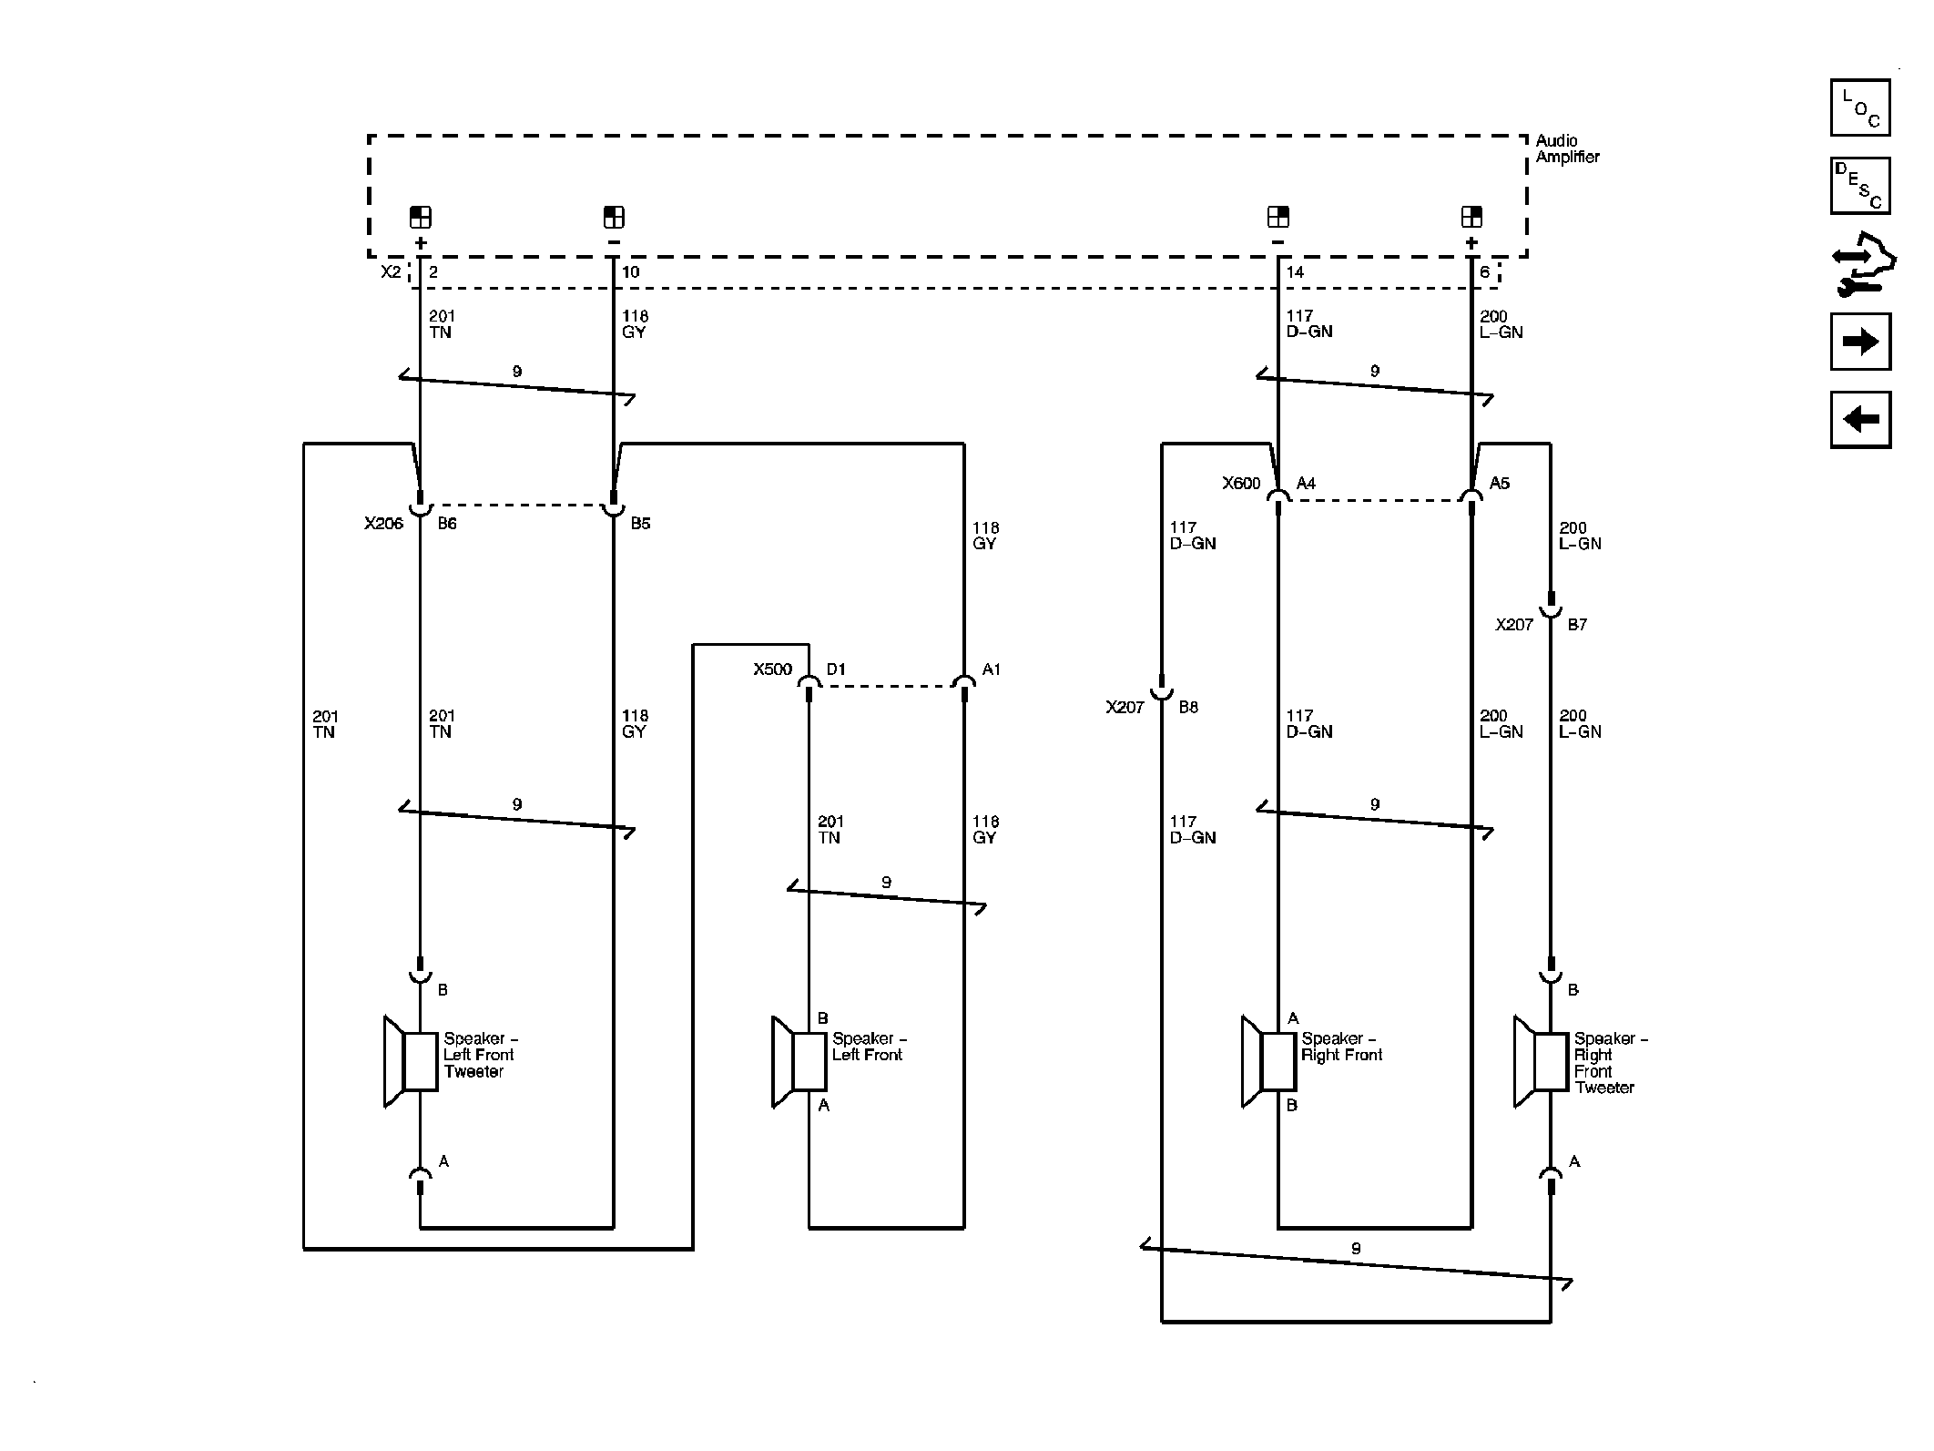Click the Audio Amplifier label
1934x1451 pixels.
point(1566,148)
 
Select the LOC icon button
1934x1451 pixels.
point(1859,107)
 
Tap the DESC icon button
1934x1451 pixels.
point(1859,186)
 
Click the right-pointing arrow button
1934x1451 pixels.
point(1859,342)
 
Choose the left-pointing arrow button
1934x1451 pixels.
point(1859,420)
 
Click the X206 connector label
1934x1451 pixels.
point(383,524)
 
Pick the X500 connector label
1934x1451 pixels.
point(772,669)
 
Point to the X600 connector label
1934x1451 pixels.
point(1241,484)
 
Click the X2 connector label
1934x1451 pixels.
point(391,271)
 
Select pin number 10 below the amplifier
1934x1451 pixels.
point(630,272)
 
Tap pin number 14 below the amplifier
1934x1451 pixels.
point(1295,272)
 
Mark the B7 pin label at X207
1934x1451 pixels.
point(1577,625)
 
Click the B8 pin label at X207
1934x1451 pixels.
point(1188,707)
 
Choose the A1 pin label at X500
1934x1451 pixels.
point(991,669)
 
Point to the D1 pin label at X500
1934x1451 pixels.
point(836,669)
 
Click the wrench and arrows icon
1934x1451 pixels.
point(1862,265)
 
